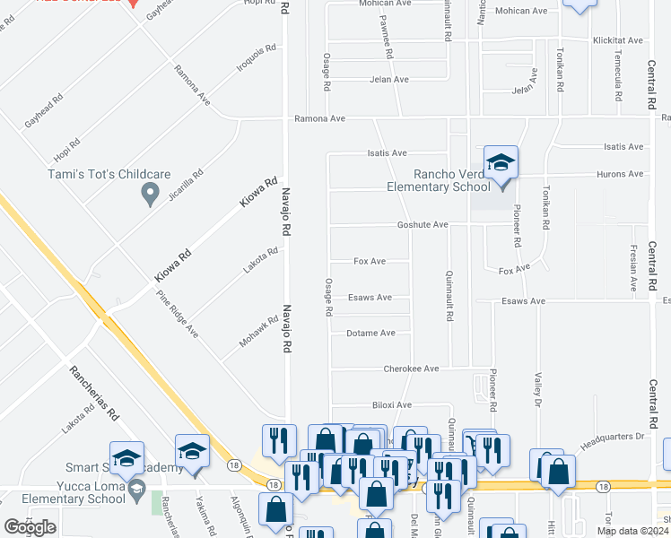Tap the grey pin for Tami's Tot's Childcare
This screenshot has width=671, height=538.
click(151, 193)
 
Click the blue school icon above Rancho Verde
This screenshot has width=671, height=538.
click(501, 163)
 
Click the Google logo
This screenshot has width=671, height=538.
click(29, 528)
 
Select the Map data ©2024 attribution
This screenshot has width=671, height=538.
click(632, 531)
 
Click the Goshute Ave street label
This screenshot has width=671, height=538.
click(423, 225)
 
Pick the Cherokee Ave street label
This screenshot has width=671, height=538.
click(412, 369)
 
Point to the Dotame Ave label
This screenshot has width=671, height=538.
click(370, 333)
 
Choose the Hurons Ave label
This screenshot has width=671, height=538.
click(623, 174)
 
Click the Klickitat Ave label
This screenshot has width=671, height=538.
click(618, 40)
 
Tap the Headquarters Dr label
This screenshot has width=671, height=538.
click(613, 437)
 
